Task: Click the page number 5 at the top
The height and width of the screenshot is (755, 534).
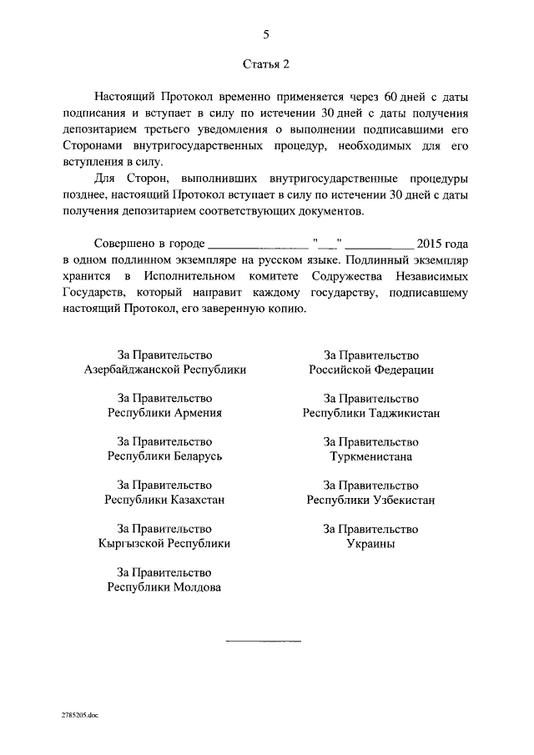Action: click(x=266, y=34)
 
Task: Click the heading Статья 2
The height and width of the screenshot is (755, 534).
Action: click(x=266, y=63)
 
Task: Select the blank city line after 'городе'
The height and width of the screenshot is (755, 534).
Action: click(x=257, y=244)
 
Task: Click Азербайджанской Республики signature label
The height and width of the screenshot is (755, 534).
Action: click(x=165, y=370)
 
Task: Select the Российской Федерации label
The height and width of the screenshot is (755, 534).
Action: click(x=371, y=370)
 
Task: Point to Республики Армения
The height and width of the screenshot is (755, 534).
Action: click(x=165, y=413)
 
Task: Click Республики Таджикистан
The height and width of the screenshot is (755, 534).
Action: click(x=371, y=413)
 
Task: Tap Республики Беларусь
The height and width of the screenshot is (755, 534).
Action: click(x=165, y=456)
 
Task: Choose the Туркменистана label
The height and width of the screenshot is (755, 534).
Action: click(x=371, y=456)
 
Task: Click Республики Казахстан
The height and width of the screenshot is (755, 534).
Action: click(x=165, y=500)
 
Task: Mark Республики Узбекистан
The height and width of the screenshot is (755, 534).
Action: click(x=371, y=500)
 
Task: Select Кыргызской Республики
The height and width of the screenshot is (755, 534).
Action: click(x=165, y=543)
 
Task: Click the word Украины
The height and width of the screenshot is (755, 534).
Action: click(x=371, y=543)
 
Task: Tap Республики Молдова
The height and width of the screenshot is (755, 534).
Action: click(x=165, y=586)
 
